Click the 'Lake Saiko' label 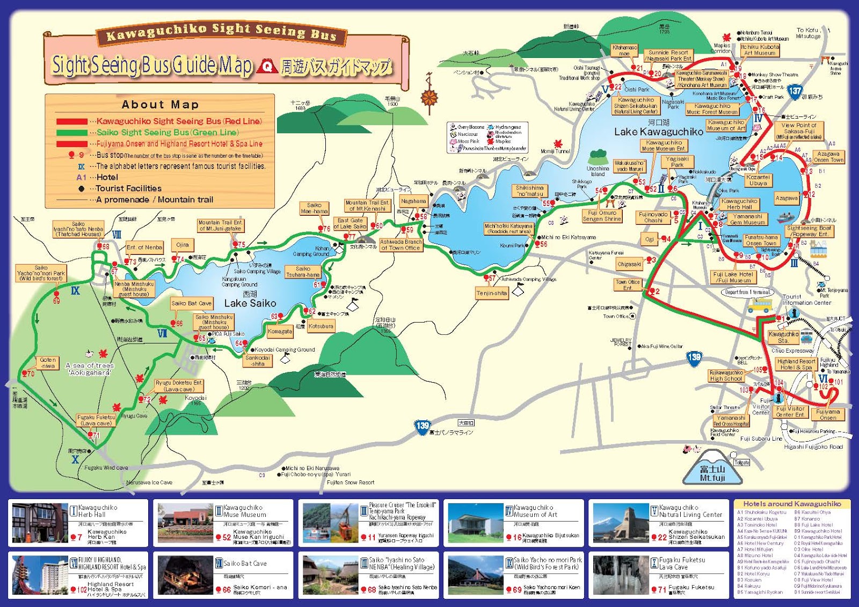[250, 303]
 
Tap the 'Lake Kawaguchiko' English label [659, 132]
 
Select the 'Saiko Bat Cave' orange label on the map [191, 303]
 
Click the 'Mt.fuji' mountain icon [712, 472]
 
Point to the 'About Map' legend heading [160, 105]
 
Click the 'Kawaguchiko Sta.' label [783, 337]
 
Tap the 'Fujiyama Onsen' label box [827, 414]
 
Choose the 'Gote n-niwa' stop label [48, 363]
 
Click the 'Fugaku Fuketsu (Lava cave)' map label [96, 420]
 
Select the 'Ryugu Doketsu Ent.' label [179, 386]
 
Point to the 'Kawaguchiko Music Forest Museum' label [712, 109]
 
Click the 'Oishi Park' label [637, 90]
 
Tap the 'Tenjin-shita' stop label [491, 293]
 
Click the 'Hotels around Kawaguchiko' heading [792, 504]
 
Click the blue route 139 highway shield [423, 426]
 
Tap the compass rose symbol [429, 97]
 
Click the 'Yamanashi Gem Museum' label [747, 219]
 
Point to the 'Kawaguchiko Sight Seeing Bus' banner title [221, 33]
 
